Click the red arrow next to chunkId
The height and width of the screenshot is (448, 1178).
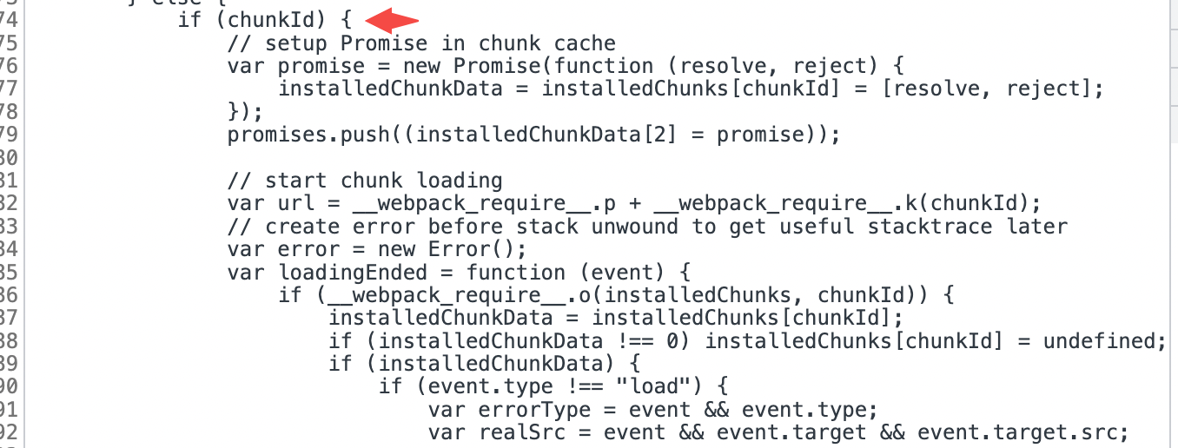pyautogui.click(x=392, y=19)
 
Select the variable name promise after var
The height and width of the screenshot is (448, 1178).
pyautogui.click(x=321, y=66)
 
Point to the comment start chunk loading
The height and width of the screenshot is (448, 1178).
pyautogui.click(x=365, y=181)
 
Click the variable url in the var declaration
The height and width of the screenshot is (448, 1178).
pyautogui.click(x=296, y=203)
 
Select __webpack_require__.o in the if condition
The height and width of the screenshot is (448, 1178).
pyautogui.click(x=452, y=295)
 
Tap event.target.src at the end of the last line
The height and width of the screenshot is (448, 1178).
pyautogui.click(x=1021, y=432)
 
